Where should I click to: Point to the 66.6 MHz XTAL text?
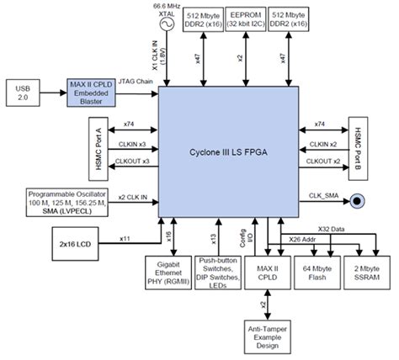167,8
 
